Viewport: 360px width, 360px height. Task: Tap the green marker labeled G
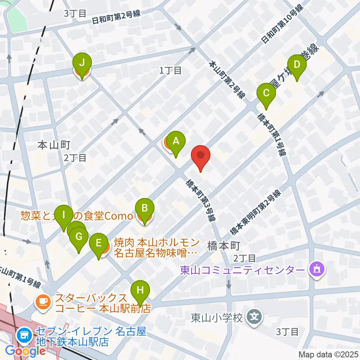pyautogui.click(x=79, y=237)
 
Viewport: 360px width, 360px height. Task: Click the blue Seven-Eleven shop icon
pyautogui.click(x=25, y=334)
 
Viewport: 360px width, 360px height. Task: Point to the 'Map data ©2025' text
pyautogui.click(x=328, y=354)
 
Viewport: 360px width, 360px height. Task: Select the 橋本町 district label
pyautogui.click(x=223, y=246)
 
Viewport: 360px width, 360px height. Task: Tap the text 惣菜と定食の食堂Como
pyautogui.click(x=77, y=216)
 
